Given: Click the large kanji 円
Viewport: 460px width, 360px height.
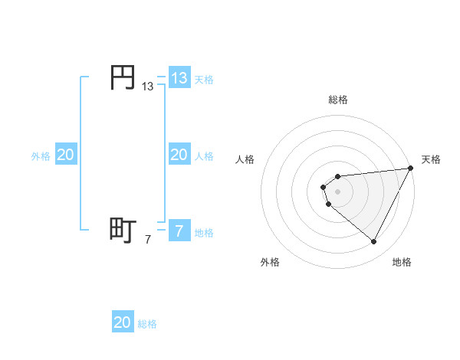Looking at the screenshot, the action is [x=122, y=77].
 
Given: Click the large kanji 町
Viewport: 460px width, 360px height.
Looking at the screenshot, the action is [x=122, y=229].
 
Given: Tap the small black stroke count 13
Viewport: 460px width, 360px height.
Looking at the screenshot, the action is [x=148, y=87].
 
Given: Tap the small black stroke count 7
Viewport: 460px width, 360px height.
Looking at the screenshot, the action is [x=148, y=240].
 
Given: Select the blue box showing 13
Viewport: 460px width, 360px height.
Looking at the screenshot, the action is [x=179, y=77].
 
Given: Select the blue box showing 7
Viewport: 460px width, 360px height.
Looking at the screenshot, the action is [x=179, y=231].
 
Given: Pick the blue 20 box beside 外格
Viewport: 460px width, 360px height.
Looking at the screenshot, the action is [x=66, y=155].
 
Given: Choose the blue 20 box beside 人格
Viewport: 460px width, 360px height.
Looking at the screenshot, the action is [x=179, y=155].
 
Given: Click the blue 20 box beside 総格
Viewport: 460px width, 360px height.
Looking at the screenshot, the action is [x=123, y=322].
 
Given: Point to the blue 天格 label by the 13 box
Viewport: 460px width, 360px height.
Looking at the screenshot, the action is [x=204, y=79].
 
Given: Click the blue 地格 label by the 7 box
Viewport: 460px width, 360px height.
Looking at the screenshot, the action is [x=204, y=232].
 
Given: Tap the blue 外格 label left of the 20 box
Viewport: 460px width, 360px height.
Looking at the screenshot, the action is [x=41, y=156].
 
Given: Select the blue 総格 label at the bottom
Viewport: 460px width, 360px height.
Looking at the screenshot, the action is [x=147, y=324].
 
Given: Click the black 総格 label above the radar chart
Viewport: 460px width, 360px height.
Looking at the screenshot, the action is [x=338, y=100].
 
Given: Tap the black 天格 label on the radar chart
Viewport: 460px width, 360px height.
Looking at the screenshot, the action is [x=431, y=159].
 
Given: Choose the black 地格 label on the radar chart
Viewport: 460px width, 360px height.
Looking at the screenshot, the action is [x=402, y=262].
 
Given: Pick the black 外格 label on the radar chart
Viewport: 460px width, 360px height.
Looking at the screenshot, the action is [x=270, y=262].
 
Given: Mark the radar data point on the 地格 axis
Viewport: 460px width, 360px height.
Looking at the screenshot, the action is [x=374, y=242].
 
